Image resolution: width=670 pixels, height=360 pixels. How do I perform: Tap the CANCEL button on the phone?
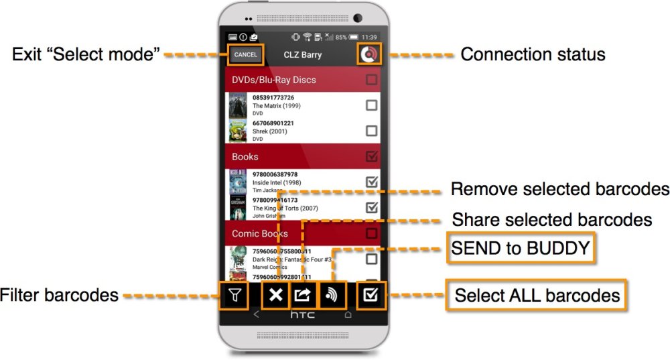click(x=245, y=54)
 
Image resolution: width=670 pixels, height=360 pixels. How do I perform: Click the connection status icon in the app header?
click(x=368, y=54)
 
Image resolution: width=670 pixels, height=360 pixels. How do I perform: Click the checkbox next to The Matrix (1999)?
click(x=371, y=105)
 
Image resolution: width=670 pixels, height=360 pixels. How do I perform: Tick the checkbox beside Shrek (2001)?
click(x=371, y=131)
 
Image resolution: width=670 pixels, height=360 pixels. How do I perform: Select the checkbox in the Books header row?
click(x=371, y=157)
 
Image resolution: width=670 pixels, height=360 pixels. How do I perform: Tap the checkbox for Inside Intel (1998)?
click(x=371, y=182)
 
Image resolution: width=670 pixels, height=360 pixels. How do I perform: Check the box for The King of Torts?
click(x=371, y=207)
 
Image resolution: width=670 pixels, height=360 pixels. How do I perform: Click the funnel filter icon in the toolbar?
click(x=234, y=294)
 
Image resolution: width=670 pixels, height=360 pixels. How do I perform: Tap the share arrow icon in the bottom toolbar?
click(x=303, y=294)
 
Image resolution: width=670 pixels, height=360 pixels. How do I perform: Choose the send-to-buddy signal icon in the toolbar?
click(x=330, y=294)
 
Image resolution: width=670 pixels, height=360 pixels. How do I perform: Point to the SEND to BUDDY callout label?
click(x=521, y=249)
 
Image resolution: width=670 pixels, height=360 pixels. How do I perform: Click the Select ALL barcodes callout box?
click(x=537, y=295)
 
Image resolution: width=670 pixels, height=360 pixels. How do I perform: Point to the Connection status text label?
click(x=533, y=54)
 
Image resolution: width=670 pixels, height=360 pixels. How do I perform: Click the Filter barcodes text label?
click(x=59, y=295)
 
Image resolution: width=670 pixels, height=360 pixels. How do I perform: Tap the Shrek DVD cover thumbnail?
click(x=237, y=131)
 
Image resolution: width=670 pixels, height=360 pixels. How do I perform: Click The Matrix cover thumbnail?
click(x=237, y=105)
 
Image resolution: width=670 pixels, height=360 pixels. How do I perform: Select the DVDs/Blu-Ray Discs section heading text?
click(x=273, y=80)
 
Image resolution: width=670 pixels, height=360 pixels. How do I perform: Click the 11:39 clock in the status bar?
click(x=369, y=37)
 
